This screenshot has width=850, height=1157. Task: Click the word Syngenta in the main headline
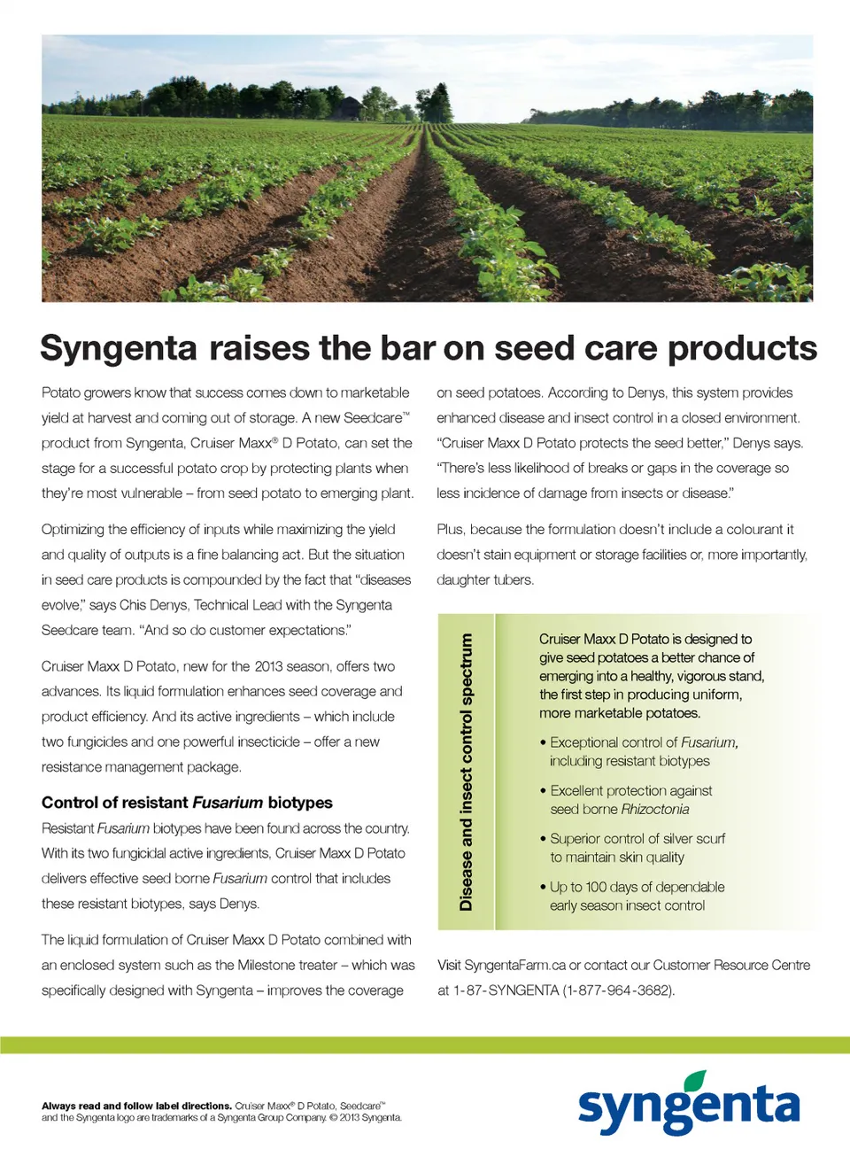point(119,348)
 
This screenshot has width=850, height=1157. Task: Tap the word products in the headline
point(742,348)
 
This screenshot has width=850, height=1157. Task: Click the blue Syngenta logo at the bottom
point(689,1107)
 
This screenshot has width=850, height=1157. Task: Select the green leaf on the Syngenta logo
point(696,1081)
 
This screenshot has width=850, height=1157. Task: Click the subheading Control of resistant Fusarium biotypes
point(187,803)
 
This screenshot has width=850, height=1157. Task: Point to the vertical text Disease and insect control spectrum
point(466,772)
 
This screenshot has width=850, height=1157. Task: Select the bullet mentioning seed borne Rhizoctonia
point(630,799)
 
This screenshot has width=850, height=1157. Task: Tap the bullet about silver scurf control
point(637,847)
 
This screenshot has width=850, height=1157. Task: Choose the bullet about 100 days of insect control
point(637,896)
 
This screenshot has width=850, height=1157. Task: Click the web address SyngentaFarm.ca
point(514,965)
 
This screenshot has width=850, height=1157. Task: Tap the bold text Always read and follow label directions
point(137,1106)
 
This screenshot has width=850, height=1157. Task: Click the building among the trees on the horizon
point(350,108)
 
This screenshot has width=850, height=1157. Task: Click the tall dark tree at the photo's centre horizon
point(436,104)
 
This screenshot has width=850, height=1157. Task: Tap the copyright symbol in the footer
point(333,1118)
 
